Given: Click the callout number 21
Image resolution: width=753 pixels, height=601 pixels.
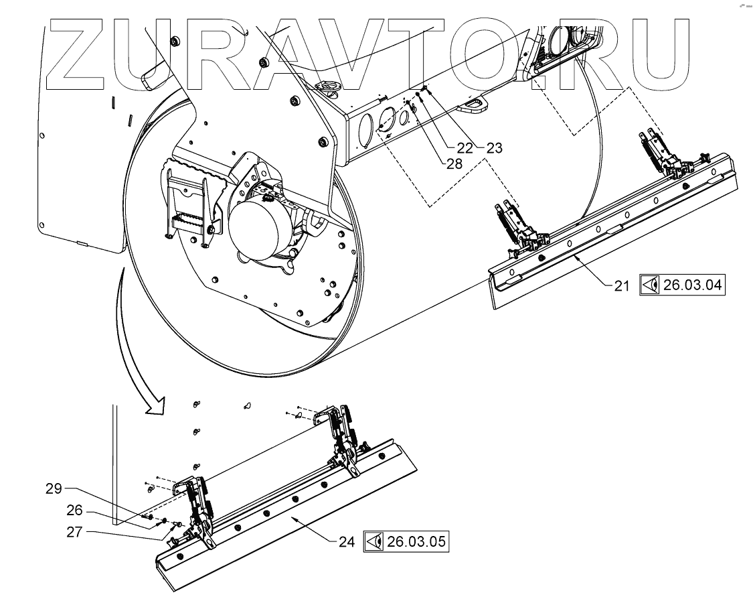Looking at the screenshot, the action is (x=622, y=285).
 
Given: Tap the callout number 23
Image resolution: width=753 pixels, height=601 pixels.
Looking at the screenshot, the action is (x=494, y=148).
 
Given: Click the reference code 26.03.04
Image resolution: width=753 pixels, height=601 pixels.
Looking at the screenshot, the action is (x=693, y=285).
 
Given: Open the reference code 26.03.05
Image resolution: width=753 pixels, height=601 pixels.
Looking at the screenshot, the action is (x=415, y=541).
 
